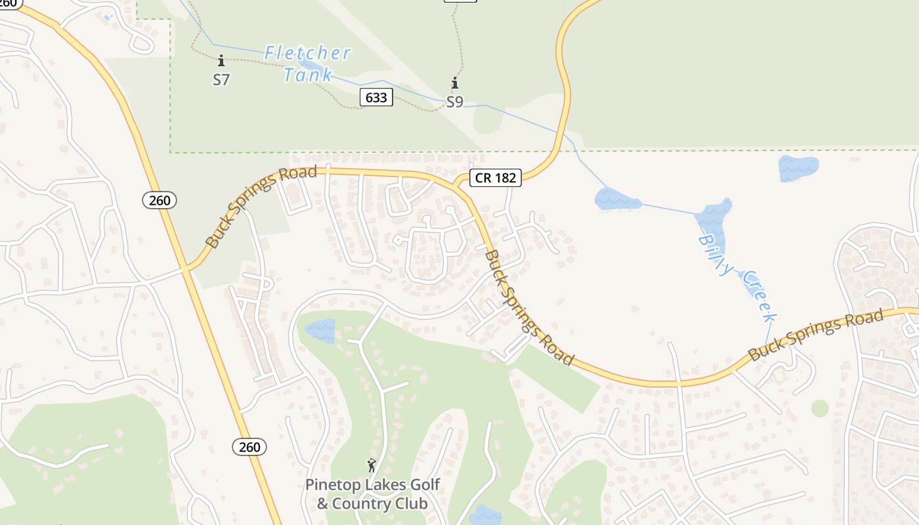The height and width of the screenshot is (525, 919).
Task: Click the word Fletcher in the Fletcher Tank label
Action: click(308, 53)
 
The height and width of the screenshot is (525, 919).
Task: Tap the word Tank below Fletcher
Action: click(308, 75)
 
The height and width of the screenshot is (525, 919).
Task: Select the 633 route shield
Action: click(376, 98)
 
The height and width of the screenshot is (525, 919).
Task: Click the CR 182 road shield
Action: click(495, 177)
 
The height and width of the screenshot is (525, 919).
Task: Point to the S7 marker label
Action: click(221, 79)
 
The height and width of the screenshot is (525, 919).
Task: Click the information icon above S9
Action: click(454, 83)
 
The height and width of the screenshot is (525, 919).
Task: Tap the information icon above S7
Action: click(221, 61)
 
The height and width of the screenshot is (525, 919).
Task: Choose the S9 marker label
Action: click(455, 102)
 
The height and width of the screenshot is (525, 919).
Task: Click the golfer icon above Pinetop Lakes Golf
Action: click(372, 465)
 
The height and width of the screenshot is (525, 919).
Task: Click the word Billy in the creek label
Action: click(715, 255)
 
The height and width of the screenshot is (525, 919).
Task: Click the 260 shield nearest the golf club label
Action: click(249, 447)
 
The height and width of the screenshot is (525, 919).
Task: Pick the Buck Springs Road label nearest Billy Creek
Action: click(815, 335)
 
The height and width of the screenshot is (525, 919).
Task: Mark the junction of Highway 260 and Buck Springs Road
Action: click(186, 268)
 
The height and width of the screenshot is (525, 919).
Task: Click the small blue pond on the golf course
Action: click(320, 330)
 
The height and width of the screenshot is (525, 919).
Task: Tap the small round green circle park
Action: click(820, 408)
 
